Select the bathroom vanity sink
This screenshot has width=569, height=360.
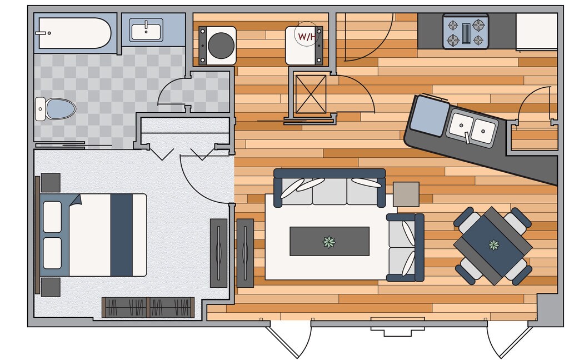coord(146,30)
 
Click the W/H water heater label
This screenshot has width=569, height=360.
coord(306,37)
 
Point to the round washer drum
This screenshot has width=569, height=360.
coord(221,45)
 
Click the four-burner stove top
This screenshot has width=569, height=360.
coord(466,32)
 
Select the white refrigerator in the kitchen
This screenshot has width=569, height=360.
coord(536,31)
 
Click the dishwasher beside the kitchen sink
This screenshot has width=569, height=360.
coord(429,116)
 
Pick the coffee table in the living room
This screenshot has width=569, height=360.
coord(330,241)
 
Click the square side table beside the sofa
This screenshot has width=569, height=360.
coord(406,194)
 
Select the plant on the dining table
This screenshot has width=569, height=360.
coord(493,244)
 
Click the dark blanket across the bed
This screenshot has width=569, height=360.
coord(122,235)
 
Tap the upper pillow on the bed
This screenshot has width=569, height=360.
coord(52,217)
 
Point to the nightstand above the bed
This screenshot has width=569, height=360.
coord(51,182)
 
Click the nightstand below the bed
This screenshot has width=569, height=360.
coord(51,287)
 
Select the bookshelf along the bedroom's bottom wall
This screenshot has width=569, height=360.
coord(148,307)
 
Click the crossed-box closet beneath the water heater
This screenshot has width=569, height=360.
coord(311,94)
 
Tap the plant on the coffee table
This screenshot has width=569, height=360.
coord(330,241)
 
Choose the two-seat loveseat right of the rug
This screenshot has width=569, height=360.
coord(406,247)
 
